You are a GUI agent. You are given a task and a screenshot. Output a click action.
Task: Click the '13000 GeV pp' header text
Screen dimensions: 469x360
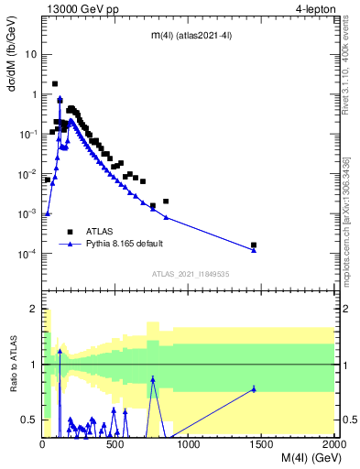tap(80, 10)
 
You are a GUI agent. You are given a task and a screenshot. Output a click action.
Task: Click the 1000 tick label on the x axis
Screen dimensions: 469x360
tap(189, 444)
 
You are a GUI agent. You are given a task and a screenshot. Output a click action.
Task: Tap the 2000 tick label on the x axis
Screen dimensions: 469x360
tap(334, 444)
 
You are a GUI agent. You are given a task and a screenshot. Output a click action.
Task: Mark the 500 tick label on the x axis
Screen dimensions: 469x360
tap(115, 444)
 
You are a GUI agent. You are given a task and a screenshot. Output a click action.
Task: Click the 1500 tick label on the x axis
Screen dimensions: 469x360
tap(261, 444)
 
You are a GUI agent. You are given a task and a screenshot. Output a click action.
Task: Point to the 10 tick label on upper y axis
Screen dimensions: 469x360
tap(31, 54)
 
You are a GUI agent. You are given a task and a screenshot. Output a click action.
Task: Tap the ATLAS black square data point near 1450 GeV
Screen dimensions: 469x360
tap(254, 245)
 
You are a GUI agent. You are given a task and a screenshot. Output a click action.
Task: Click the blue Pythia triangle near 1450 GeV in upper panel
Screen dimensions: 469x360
tap(254, 250)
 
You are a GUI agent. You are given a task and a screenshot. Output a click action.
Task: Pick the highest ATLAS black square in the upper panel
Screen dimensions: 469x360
tap(55, 83)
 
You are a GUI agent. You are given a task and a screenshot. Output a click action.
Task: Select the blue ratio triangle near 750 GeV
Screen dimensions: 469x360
tap(153, 378)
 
